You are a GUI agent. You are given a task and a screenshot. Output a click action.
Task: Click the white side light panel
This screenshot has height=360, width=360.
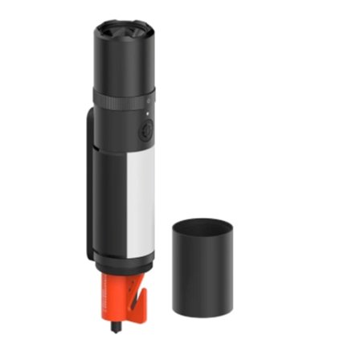(140, 201)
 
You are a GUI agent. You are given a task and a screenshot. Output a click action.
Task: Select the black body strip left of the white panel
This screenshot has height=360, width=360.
(109, 201)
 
